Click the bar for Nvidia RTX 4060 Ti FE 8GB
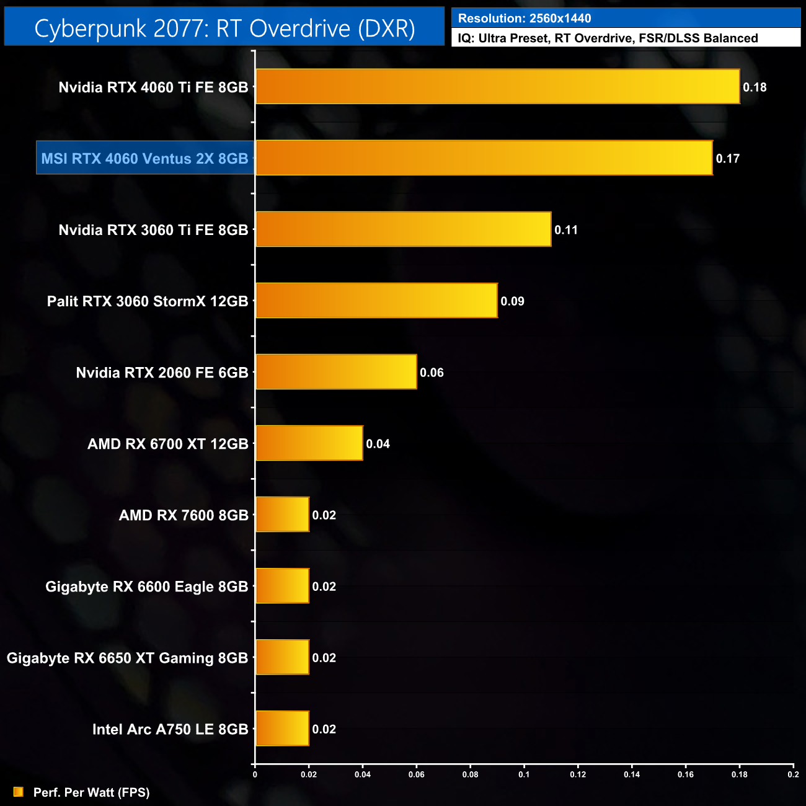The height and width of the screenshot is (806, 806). click(x=497, y=87)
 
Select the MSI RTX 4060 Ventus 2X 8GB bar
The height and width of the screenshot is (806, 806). click(x=484, y=158)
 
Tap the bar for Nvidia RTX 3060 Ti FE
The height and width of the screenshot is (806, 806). click(x=403, y=229)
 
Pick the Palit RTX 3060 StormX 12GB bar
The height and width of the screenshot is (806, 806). click(x=376, y=301)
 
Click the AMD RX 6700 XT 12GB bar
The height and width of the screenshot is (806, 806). click(x=309, y=443)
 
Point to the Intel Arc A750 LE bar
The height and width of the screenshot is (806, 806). click(x=282, y=728)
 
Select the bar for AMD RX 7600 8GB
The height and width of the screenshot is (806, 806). click(x=282, y=515)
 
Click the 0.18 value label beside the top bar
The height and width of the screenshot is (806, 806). click(x=755, y=87)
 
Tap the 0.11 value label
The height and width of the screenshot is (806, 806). click(x=566, y=230)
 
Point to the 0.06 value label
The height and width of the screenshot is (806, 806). click(x=432, y=373)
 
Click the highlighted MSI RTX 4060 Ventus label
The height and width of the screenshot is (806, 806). click(x=144, y=159)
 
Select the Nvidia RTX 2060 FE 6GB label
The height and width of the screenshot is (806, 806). click(x=162, y=373)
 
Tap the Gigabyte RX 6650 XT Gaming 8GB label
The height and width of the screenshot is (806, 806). click(x=127, y=658)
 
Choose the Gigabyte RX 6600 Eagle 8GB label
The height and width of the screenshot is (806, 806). click(x=147, y=587)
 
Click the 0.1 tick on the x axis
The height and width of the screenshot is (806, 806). click(x=524, y=774)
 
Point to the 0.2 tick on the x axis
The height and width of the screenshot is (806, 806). click(x=793, y=774)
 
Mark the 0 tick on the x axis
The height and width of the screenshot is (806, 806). click(x=255, y=774)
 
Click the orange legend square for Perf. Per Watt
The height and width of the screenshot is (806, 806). click(x=19, y=792)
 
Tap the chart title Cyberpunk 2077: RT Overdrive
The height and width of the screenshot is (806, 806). click(x=224, y=29)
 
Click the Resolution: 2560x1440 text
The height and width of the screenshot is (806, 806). click(x=525, y=19)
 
